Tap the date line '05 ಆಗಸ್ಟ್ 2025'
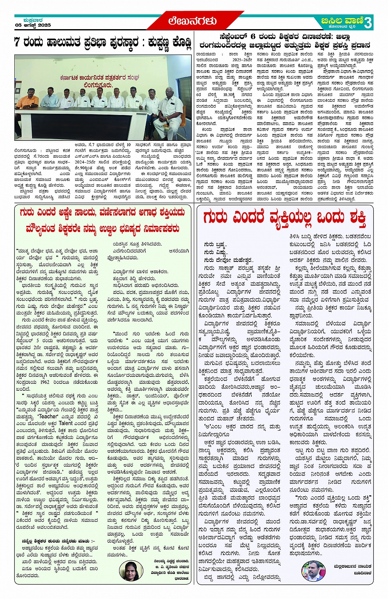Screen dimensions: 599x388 tap(33, 25)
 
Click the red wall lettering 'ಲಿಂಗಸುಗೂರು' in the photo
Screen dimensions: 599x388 tap(97, 85)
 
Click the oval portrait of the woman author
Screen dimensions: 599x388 tap(130, 571)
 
